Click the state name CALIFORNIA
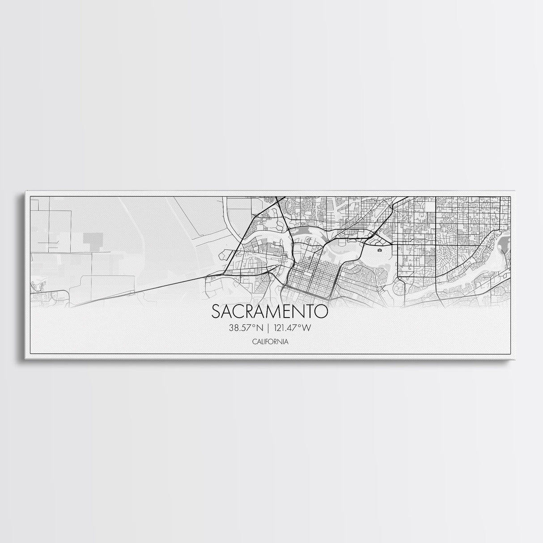[269, 342]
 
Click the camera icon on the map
[380, 250]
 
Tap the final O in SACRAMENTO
[322, 311]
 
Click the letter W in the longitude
[306, 328]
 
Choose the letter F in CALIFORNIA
[266, 342]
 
